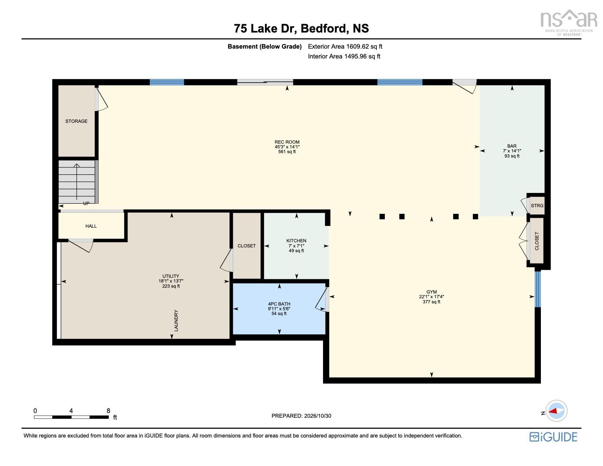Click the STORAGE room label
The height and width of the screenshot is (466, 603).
76,121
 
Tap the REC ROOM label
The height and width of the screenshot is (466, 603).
287,142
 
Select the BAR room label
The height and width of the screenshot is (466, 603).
512,146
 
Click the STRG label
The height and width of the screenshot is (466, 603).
537,206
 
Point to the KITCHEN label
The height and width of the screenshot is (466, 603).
296,240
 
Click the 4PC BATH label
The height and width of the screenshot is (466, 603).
279,304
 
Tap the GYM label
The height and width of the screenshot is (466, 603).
432,292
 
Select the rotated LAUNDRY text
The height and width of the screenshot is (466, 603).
176,321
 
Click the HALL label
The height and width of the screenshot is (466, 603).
91,226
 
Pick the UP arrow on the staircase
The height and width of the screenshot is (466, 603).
77,182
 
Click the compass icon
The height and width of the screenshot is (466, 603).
556,411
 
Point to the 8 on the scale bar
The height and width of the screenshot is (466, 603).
108,411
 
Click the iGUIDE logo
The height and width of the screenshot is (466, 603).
553,437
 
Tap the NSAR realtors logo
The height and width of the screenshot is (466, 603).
569,23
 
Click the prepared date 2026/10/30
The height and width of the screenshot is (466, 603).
318,416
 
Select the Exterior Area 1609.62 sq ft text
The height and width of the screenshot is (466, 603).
345,46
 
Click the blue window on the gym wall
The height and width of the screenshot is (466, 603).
538,289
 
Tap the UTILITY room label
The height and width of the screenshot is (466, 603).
171,276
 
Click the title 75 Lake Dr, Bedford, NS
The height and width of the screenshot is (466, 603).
301,28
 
